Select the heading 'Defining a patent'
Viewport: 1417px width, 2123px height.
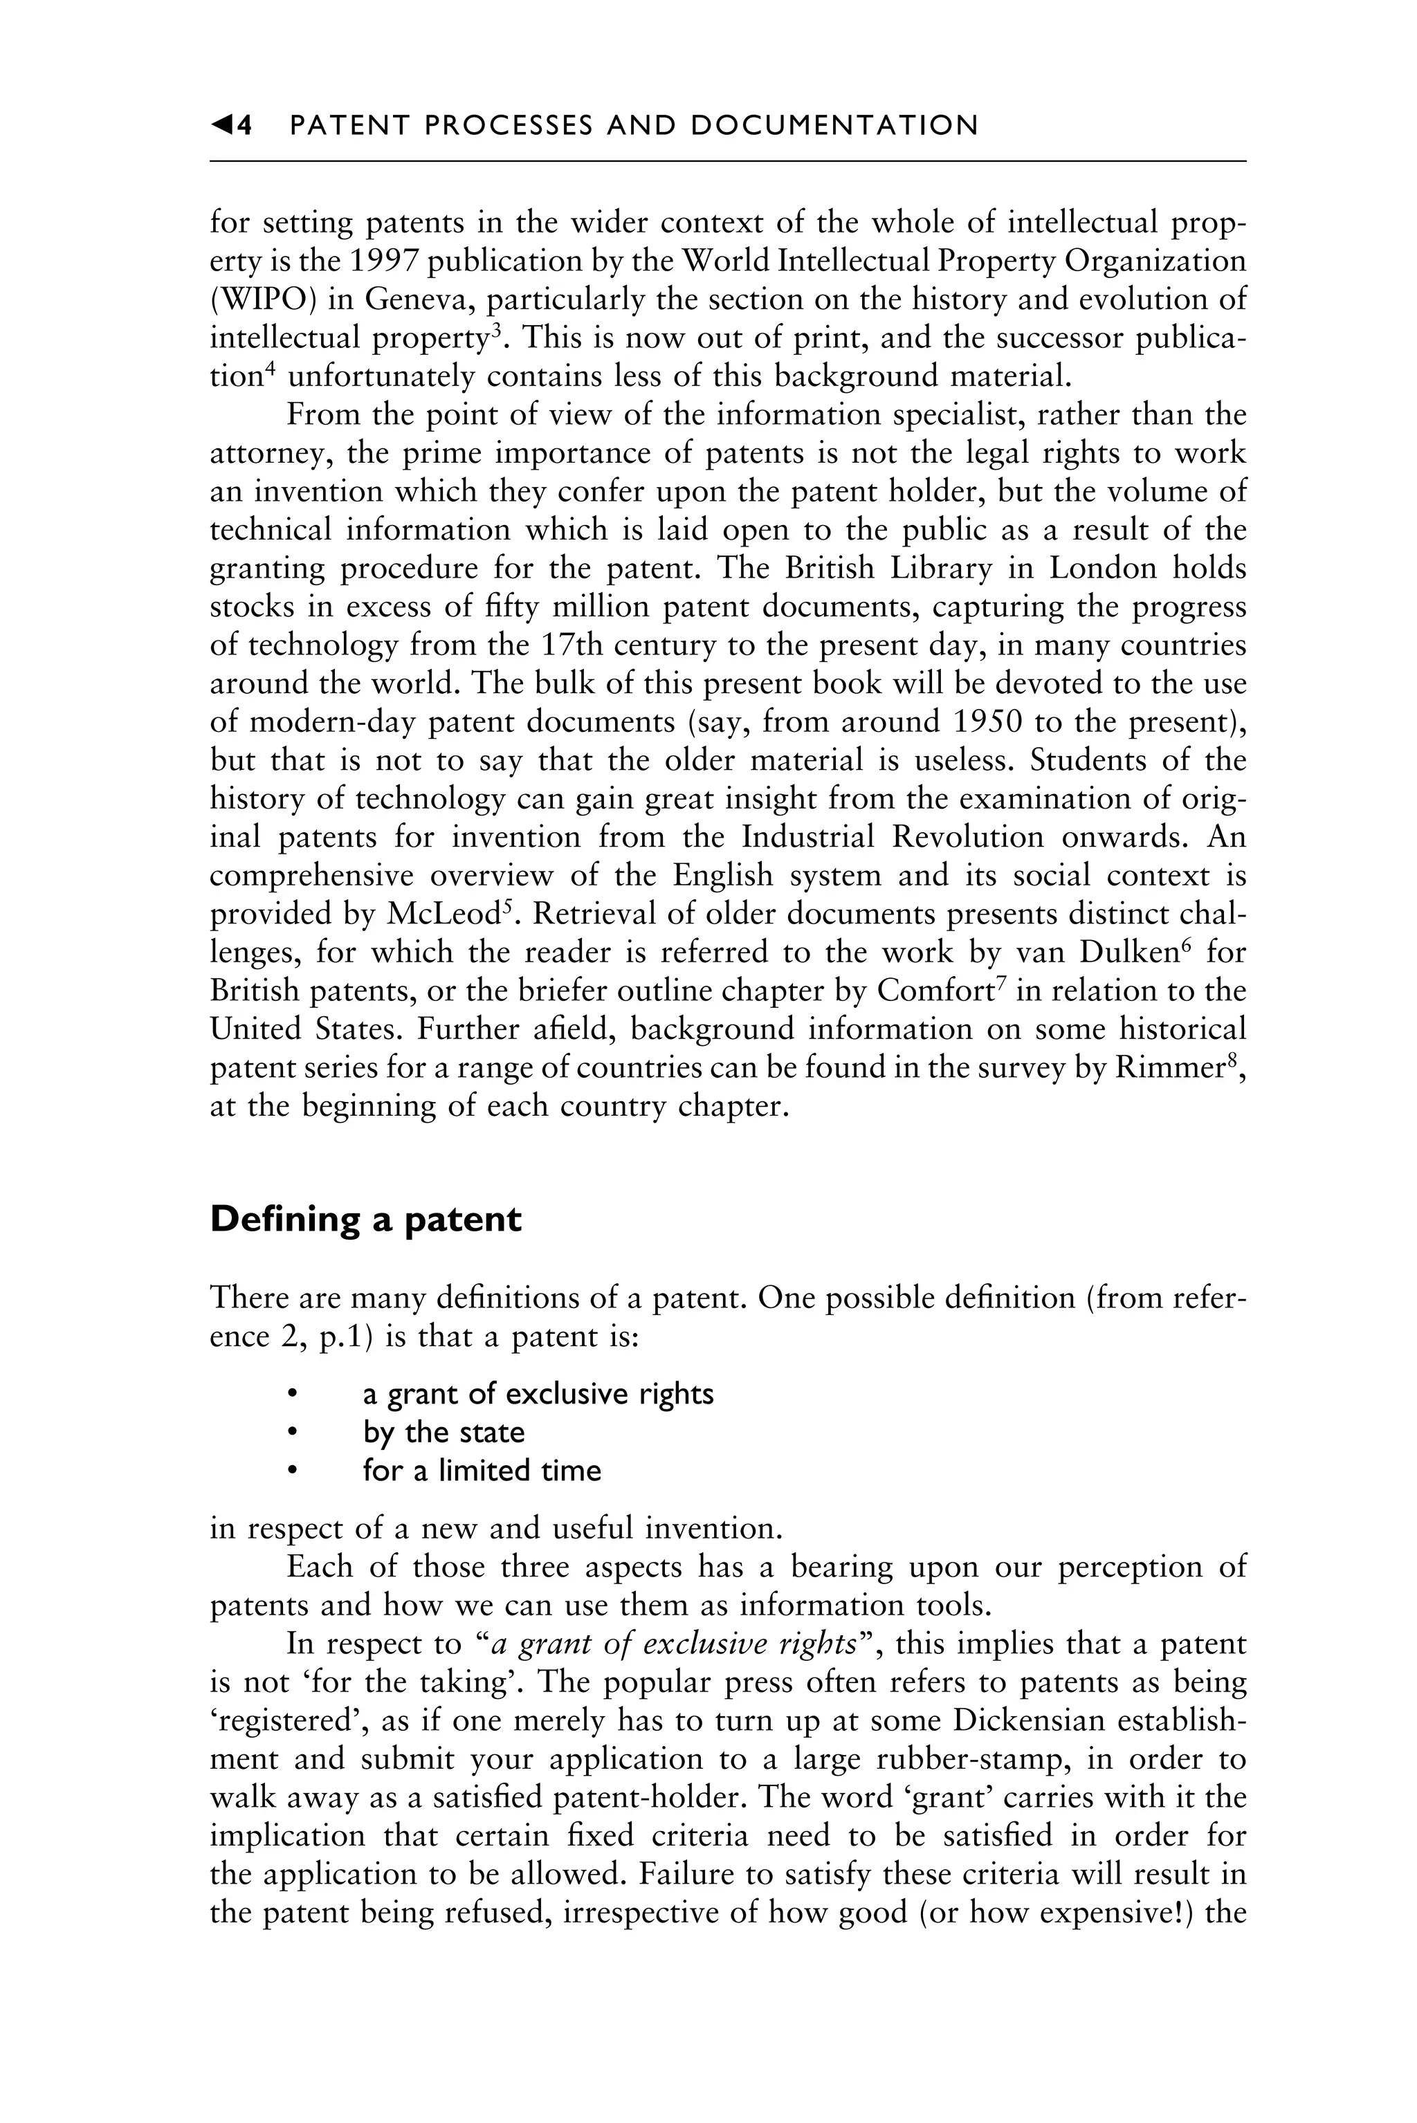pyautogui.click(x=365, y=1220)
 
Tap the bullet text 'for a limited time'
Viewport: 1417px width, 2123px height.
pyautogui.click(x=482, y=1471)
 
